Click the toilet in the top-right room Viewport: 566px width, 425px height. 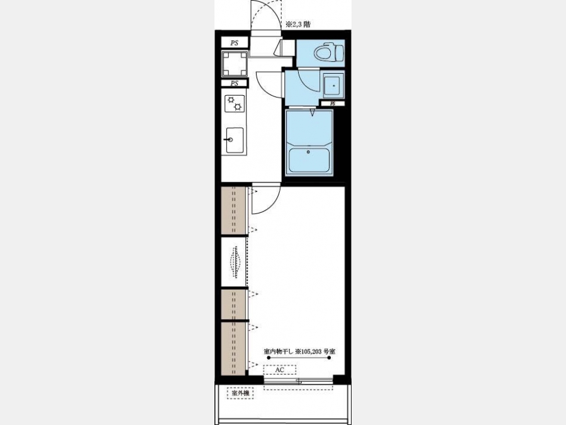coord(328,53)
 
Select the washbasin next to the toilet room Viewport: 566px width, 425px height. coord(333,86)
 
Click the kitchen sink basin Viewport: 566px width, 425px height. coord(235,140)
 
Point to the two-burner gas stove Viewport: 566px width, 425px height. coord(235,103)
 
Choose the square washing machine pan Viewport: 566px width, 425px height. coord(235,64)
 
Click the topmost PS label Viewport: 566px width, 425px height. coord(235,43)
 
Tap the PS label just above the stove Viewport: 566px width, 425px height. coord(235,83)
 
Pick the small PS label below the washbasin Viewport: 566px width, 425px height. coord(333,103)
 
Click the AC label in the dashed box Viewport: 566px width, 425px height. coord(280,370)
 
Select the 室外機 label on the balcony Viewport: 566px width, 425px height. coord(240,393)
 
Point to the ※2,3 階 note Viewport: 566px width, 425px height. coord(298,25)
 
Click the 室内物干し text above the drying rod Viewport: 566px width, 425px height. coord(279,351)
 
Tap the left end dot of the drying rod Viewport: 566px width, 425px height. coord(269,358)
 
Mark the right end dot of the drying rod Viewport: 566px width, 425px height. coord(329,358)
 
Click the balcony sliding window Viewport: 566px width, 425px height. coord(298,380)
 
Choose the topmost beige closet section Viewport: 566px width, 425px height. coord(233,210)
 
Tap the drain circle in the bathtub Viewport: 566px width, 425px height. coord(308,152)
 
